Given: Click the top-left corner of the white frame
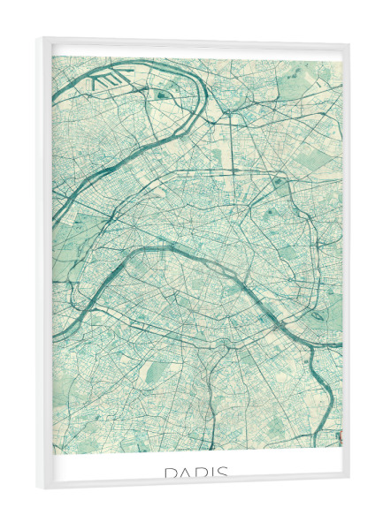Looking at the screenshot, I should (38, 39).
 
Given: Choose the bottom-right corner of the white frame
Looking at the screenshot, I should (349, 481).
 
